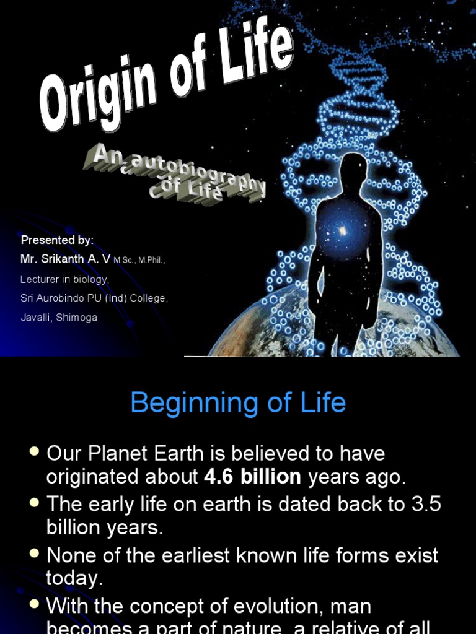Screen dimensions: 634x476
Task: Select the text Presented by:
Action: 57,240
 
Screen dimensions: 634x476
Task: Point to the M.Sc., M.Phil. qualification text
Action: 139,261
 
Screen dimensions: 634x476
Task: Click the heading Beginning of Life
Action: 238,403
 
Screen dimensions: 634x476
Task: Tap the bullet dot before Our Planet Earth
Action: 35,453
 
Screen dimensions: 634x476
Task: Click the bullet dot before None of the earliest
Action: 35,554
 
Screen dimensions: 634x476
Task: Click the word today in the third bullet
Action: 72,579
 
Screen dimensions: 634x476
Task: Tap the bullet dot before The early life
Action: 35,503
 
